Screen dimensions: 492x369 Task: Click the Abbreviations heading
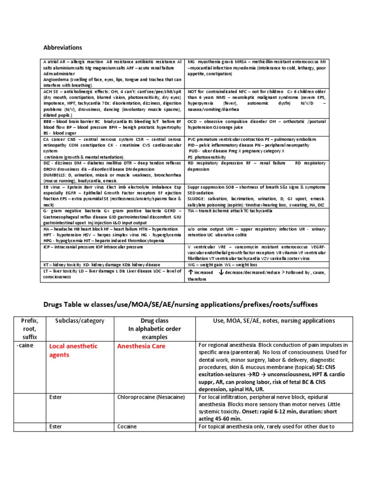pyautogui.click(x=63, y=48)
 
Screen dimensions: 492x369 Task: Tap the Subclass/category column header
pyautogui.click(x=71, y=320)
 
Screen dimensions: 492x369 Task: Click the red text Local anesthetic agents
pyautogui.click(x=73, y=350)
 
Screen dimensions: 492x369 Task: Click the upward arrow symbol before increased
pyautogui.click(x=191, y=272)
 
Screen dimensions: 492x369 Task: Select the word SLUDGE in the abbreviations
pyautogui.click(x=197, y=198)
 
